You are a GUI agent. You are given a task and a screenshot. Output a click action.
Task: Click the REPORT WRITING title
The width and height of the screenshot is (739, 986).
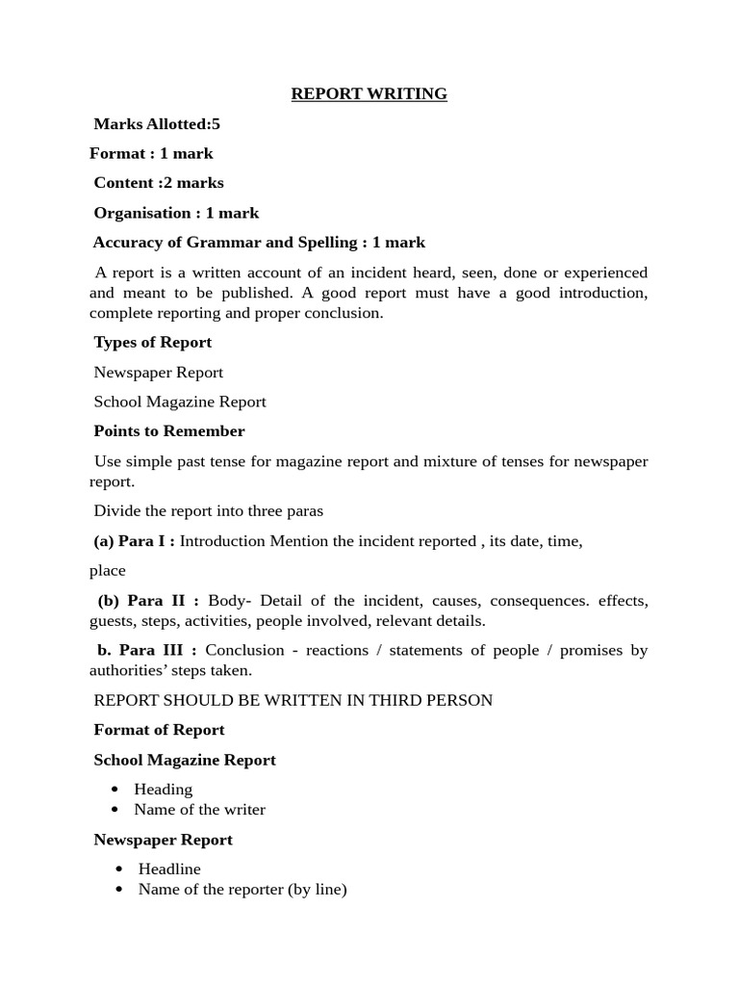click(369, 94)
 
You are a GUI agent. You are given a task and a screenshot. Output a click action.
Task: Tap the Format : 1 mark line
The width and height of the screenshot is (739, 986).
click(151, 153)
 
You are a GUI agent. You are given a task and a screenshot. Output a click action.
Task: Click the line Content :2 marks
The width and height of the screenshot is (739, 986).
click(159, 183)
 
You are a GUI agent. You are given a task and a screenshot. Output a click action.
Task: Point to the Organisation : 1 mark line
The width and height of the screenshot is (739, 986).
click(176, 213)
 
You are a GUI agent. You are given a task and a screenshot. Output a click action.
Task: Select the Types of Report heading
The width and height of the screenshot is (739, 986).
click(152, 342)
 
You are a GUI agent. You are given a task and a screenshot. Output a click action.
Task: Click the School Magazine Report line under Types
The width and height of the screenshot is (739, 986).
click(180, 402)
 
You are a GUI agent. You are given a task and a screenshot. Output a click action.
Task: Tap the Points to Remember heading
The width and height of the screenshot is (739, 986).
click(169, 431)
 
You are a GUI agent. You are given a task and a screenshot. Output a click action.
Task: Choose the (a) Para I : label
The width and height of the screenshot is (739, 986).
click(134, 541)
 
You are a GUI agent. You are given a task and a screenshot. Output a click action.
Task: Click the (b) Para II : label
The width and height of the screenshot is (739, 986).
click(148, 601)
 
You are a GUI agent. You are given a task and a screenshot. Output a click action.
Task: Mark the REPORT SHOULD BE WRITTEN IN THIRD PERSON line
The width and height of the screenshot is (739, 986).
click(293, 700)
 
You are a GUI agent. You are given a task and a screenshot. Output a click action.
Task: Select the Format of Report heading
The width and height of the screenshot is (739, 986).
click(159, 730)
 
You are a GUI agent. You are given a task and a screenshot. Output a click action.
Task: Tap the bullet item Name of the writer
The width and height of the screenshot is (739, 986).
click(199, 810)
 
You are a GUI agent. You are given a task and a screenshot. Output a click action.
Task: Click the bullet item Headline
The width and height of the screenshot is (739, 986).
click(169, 869)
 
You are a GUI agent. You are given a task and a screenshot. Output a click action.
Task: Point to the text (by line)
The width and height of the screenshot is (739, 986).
click(317, 890)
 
